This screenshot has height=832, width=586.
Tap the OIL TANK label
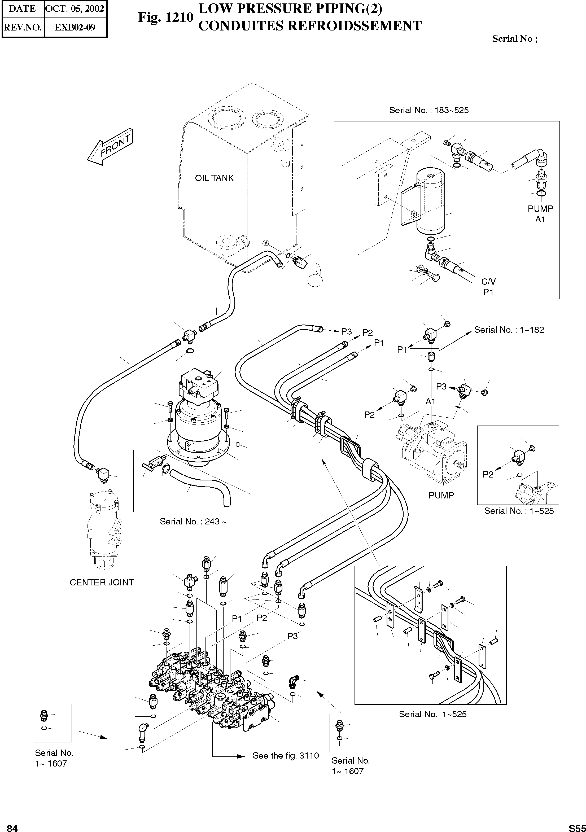click(214, 178)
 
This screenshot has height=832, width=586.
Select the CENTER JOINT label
click(102, 582)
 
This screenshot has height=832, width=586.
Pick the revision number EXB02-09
click(75, 28)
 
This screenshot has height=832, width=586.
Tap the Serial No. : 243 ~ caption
click(193, 522)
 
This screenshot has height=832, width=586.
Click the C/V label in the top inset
click(488, 282)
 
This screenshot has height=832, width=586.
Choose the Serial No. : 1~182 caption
click(509, 330)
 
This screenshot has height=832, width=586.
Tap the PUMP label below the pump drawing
click(441, 495)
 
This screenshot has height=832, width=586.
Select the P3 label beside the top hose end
click(347, 331)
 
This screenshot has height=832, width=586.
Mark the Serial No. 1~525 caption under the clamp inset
click(432, 714)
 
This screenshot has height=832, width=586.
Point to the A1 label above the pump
click(430, 401)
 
